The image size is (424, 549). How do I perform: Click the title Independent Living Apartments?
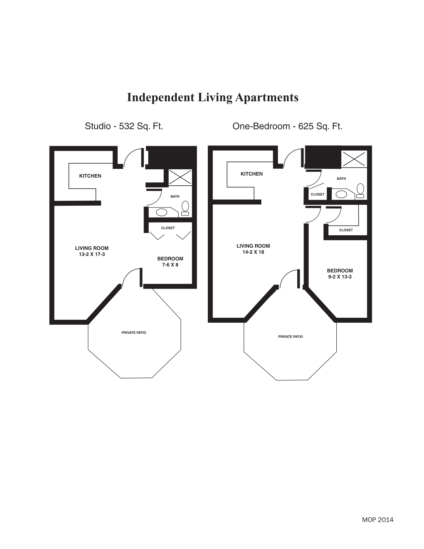click(213, 98)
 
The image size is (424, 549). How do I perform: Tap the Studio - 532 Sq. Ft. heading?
click(124, 126)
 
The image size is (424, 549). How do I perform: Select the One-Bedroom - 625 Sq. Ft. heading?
click(287, 126)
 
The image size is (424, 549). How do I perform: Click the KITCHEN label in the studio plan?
click(90, 176)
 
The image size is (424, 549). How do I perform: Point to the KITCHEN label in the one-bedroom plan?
click(251, 174)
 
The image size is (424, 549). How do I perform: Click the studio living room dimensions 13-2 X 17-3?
click(92, 254)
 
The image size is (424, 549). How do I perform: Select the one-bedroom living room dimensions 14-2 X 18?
click(253, 252)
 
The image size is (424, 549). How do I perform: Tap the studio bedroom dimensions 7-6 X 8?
click(170, 265)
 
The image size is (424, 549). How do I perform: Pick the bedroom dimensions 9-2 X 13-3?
click(340, 277)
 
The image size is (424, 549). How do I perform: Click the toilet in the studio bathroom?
click(185, 208)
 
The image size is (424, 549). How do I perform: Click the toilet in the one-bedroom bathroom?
click(360, 191)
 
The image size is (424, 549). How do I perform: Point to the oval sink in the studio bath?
click(161, 212)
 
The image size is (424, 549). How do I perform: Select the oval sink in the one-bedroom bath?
click(341, 194)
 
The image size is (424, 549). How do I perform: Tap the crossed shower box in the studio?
click(180, 177)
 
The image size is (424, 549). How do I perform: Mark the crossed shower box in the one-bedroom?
click(354, 159)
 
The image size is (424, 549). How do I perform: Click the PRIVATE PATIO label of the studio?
click(134, 333)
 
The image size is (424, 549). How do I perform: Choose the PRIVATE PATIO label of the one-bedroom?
click(290, 337)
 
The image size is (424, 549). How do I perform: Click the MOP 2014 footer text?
click(377, 520)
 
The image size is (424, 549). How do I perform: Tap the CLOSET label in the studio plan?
click(168, 228)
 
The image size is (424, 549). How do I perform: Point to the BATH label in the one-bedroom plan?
click(341, 179)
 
